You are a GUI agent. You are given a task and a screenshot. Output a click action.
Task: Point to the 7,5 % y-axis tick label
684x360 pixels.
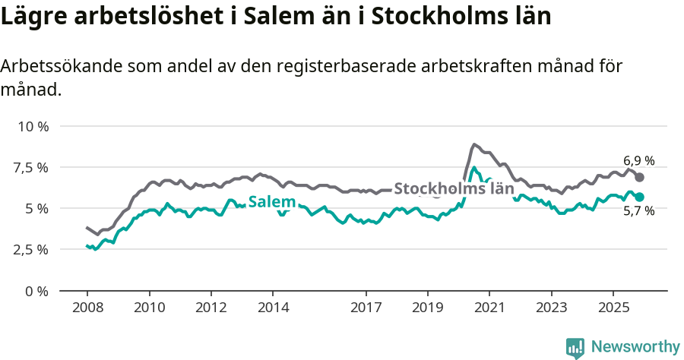31,167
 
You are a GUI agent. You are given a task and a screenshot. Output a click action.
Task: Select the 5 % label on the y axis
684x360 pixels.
37,208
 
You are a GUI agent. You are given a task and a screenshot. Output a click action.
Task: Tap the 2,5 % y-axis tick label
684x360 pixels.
31,249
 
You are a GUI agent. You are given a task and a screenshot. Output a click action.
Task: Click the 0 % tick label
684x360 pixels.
37,291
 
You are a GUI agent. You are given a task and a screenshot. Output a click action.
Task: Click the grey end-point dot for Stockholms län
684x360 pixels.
640,177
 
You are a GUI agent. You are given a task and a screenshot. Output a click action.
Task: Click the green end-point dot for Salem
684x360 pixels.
640,197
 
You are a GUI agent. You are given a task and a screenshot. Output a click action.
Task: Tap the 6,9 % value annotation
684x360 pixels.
638,161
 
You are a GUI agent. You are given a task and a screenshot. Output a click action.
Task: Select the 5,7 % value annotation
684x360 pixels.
638,212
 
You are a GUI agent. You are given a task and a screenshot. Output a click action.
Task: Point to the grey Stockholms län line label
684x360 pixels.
454,188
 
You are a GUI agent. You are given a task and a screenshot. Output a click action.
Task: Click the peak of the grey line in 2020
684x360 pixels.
473,144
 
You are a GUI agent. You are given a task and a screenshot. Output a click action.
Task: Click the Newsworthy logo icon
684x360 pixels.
575,348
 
